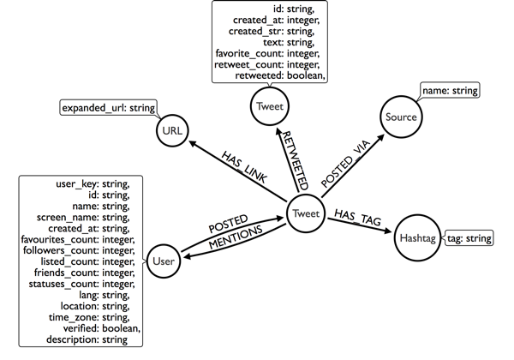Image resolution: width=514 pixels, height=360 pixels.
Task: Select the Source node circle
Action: click(402, 117)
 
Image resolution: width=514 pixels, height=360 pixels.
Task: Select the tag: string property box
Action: click(469, 238)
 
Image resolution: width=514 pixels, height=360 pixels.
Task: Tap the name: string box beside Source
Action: click(450, 89)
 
